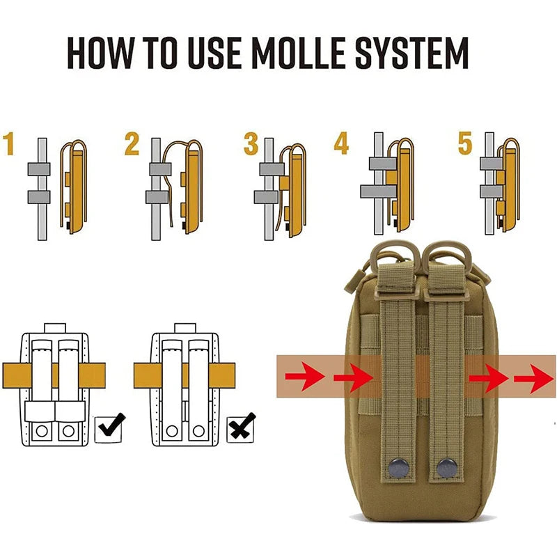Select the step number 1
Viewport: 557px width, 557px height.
pos(9,144)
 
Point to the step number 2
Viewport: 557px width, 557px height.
pos(132,144)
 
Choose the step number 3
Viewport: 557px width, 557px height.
pos(251,144)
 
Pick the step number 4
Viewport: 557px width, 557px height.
pos(340,143)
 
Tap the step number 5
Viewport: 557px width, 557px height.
pos(465,143)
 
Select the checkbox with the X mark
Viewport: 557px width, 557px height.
pos(242,426)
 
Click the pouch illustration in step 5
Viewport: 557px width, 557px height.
pos(509,185)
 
